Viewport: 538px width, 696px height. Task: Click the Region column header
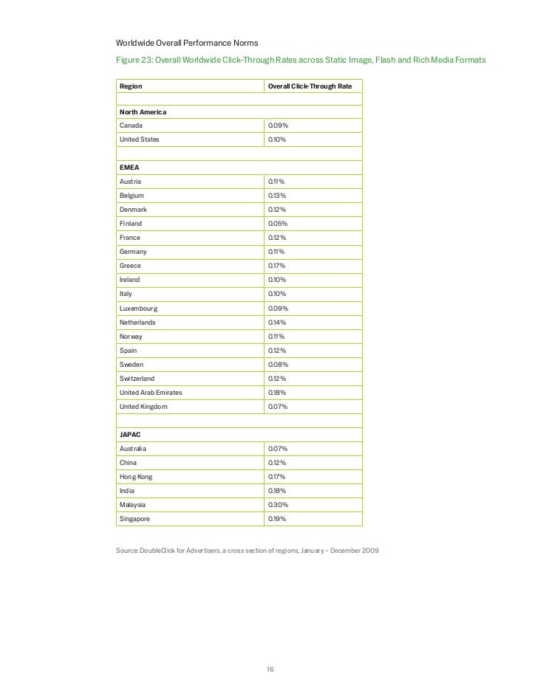(x=131, y=86)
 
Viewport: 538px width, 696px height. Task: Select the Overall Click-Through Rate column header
(x=310, y=86)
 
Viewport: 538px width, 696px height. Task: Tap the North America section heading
(x=143, y=111)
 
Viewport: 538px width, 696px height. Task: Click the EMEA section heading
(x=130, y=168)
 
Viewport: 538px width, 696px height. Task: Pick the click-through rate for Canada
(x=278, y=125)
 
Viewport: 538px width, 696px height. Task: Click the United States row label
(x=139, y=139)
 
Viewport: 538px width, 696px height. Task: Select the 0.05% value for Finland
(x=277, y=224)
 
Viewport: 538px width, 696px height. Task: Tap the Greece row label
(x=130, y=266)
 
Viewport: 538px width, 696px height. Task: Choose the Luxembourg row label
(x=139, y=308)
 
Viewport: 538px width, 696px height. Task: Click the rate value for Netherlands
(x=277, y=323)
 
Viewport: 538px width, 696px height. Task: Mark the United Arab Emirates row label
(x=151, y=393)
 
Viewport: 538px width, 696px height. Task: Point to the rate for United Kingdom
(x=277, y=407)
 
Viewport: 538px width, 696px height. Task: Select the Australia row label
(x=134, y=449)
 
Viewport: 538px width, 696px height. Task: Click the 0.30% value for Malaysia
(x=278, y=505)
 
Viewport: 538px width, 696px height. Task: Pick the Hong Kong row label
(x=136, y=477)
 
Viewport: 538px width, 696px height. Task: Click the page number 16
(x=270, y=669)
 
